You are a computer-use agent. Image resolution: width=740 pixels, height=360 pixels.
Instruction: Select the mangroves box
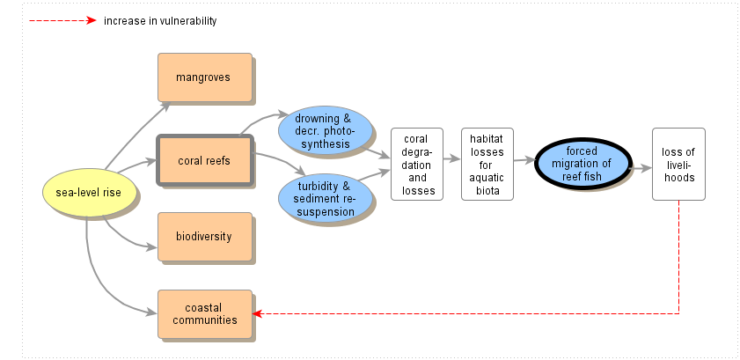[204, 77]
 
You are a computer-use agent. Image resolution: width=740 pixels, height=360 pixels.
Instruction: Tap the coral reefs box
[204, 159]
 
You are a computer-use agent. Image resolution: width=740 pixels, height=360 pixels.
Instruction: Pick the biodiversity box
[204, 236]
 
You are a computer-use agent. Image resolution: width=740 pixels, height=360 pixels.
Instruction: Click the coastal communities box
[204, 313]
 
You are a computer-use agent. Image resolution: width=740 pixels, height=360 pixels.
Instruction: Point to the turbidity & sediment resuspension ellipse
[323, 198]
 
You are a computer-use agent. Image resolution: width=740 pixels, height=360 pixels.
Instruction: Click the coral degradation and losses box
[418, 164]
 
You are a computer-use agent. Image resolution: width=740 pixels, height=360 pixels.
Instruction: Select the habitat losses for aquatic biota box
[487, 164]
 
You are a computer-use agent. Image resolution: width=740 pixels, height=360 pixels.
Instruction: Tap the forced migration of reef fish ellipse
[582, 164]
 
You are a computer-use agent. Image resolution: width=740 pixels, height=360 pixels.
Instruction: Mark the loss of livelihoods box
[678, 164]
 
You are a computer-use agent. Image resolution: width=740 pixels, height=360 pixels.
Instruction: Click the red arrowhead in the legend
[91, 20]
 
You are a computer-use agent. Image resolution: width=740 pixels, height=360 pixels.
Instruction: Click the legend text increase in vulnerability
[159, 20]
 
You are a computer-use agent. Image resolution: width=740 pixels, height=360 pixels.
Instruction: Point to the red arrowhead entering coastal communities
[257, 313]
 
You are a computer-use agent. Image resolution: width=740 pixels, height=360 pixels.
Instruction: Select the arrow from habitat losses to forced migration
[524, 160]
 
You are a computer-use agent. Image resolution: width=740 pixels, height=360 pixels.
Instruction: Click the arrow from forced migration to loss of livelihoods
[640, 164]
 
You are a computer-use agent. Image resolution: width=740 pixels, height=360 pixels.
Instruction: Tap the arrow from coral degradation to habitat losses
[452, 160]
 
